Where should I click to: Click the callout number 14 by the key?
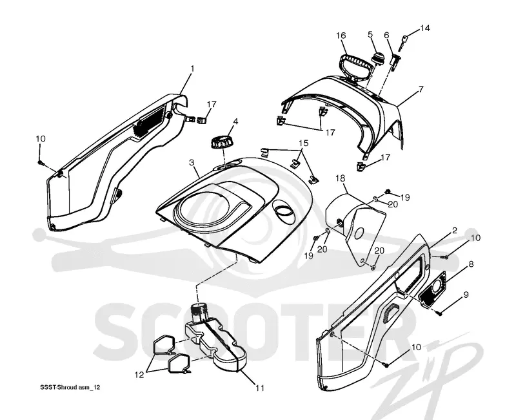tap(424, 28)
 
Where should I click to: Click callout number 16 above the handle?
tap(341, 36)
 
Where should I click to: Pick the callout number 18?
tap(341, 178)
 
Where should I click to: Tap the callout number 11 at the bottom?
tap(260, 388)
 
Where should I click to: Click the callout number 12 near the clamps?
tap(139, 375)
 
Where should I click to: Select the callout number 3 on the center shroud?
tap(192, 162)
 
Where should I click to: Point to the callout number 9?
tap(466, 295)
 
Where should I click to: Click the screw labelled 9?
tap(440, 313)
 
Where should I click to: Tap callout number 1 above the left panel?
tap(192, 69)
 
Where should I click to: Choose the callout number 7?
tap(421, 89)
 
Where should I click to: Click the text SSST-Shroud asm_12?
tap(70, 387)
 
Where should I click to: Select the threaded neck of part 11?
tap(199, 311)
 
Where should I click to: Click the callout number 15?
tap(303, 143)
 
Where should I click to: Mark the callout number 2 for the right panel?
tap(455, 231)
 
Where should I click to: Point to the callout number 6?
tap(386, 36)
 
